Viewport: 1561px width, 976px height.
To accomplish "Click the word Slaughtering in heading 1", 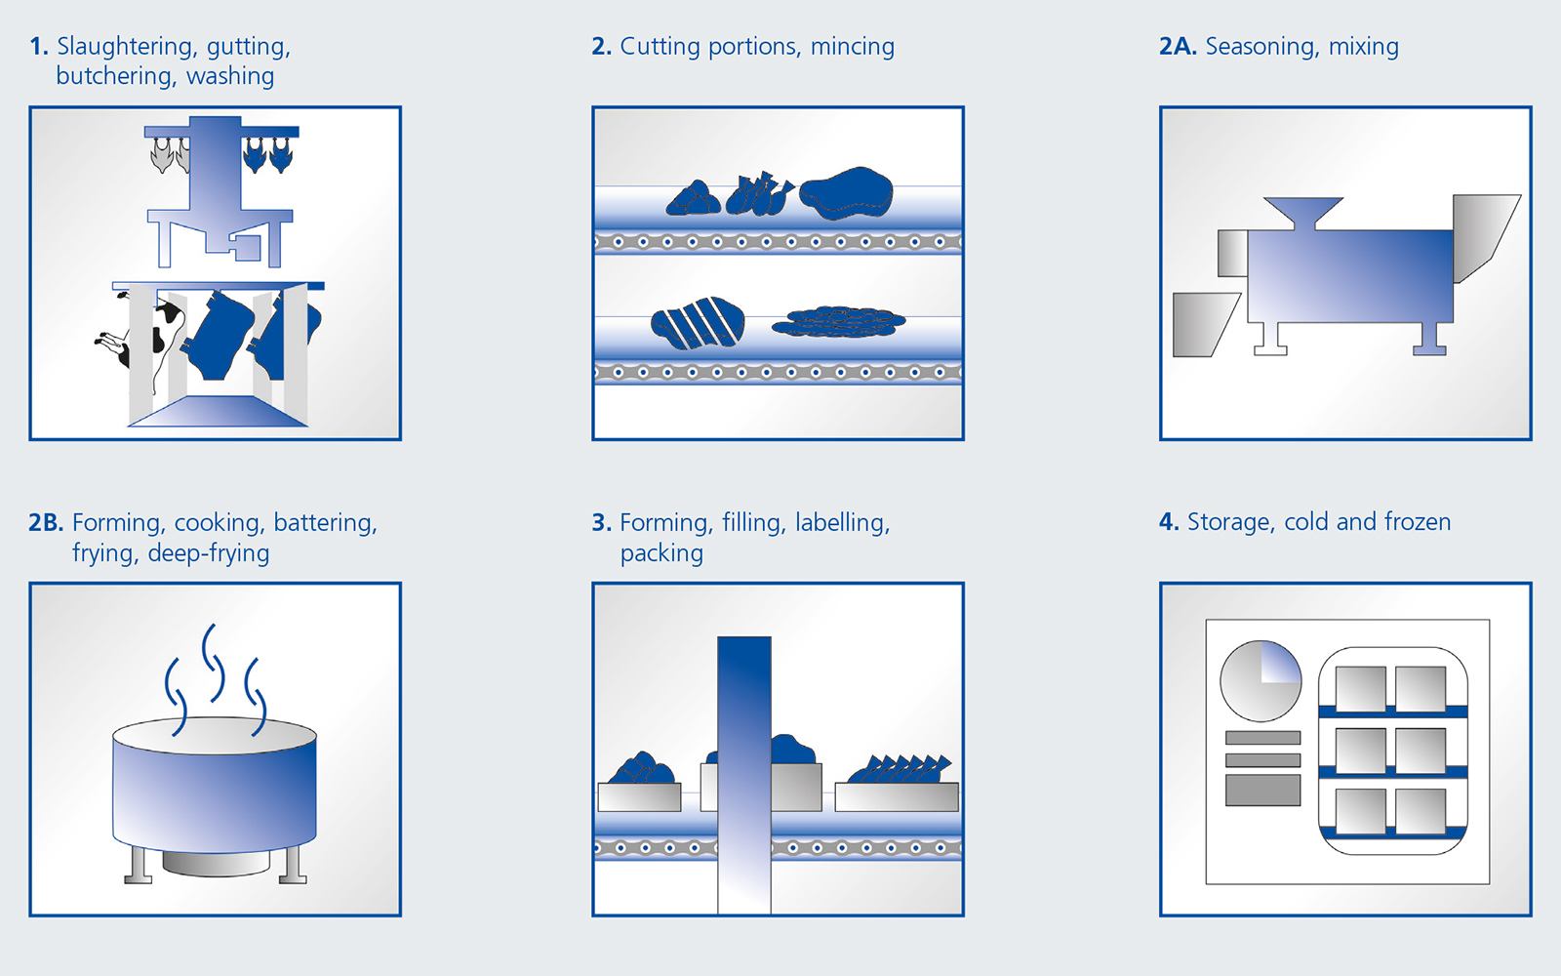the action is [126, 47].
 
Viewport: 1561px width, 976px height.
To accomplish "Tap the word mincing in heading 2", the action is [853, 47].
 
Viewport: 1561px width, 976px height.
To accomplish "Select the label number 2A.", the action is [1178, 46].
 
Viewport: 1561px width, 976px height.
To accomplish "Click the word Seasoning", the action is [1262, 47].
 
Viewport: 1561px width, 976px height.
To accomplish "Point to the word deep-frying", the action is [209, 553].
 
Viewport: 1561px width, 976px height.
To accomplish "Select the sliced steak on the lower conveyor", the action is [697, 323].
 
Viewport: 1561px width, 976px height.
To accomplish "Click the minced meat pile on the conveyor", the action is [838, 322].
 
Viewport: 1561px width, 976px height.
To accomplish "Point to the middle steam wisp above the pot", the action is [214, 663].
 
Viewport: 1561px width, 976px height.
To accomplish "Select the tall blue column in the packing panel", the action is [744, 775].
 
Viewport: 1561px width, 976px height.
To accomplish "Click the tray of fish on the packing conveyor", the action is [897, 785].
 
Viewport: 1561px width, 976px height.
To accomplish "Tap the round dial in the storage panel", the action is [1261, 681].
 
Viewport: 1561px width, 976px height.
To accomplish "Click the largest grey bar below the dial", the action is [1262, 790].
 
